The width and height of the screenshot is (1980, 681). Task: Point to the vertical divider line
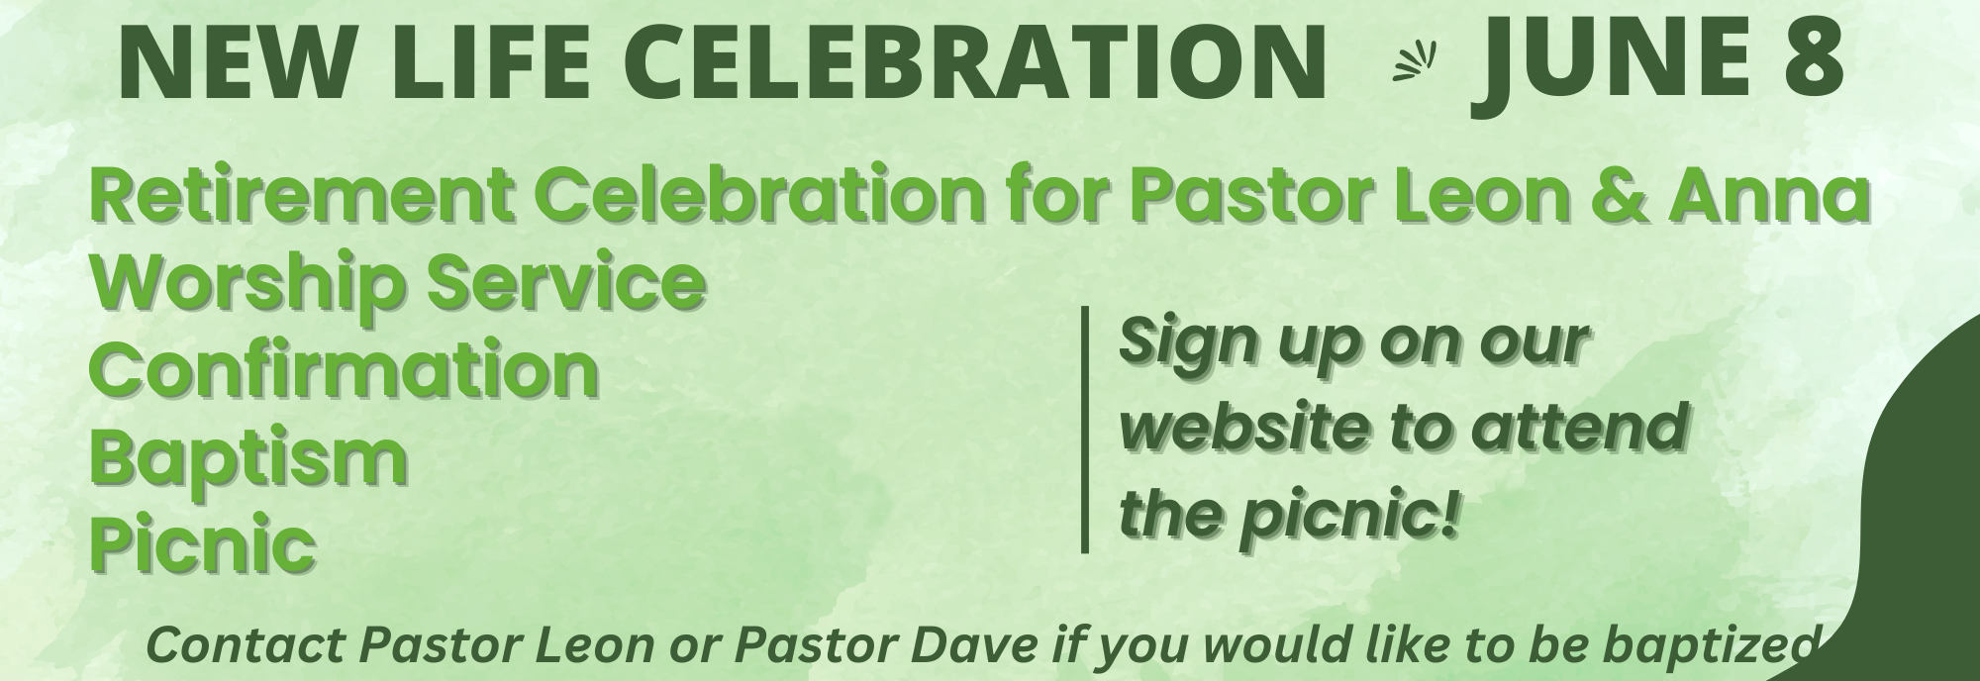1085,429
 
